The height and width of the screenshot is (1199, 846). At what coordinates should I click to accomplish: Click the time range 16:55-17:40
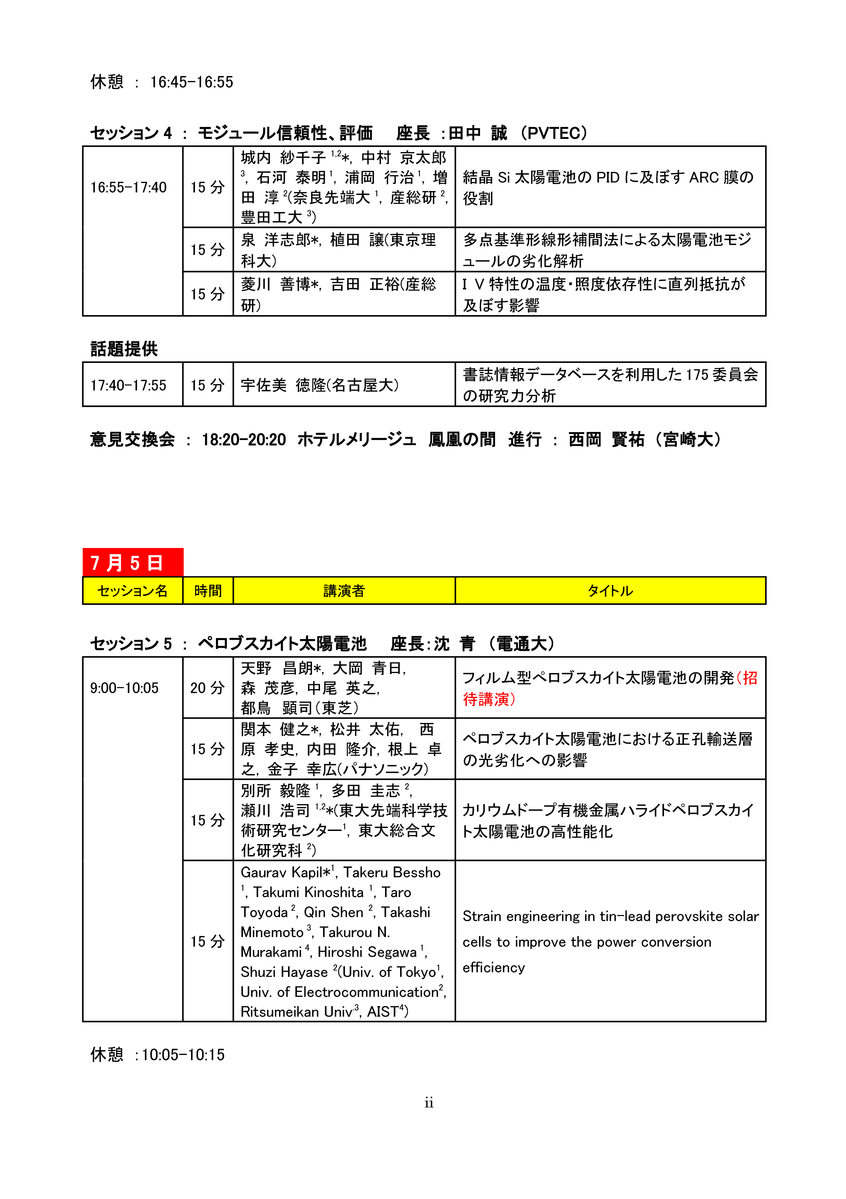[128, 187]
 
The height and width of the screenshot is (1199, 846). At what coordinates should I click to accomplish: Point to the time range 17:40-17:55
[128, 385]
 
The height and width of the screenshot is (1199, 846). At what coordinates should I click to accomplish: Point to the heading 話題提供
[124, 348]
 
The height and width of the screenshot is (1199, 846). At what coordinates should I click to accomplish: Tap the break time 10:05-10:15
[183, 1054]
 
